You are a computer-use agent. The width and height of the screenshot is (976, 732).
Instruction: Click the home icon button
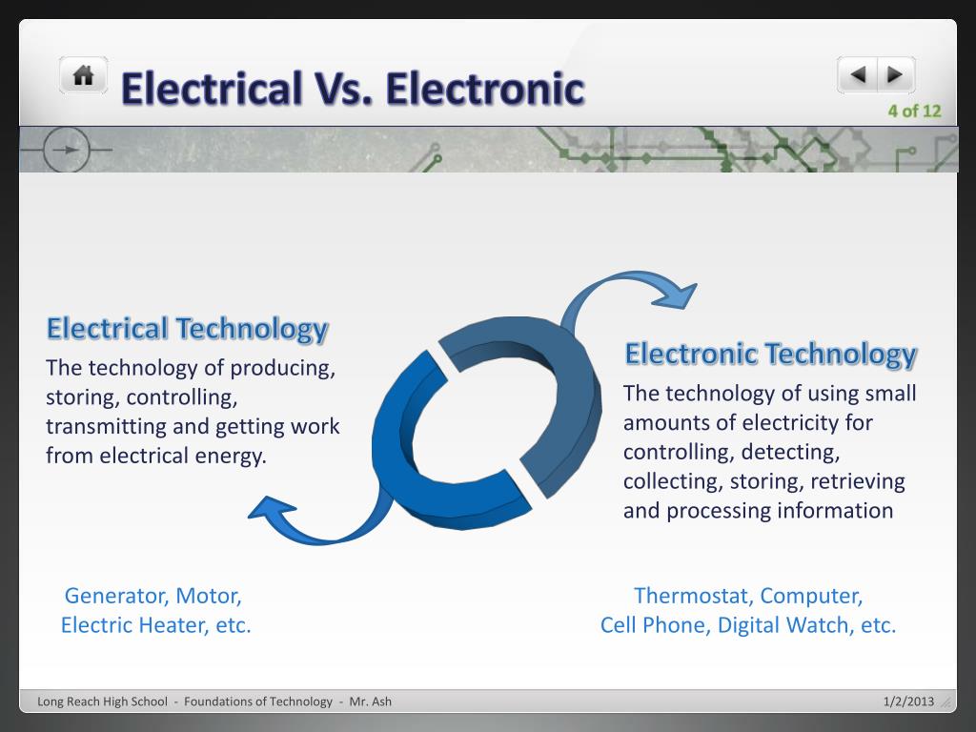point(84,75)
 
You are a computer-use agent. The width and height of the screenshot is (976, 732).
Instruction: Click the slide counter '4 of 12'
point(914,111)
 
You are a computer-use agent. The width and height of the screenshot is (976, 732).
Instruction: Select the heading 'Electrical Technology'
point(187,329)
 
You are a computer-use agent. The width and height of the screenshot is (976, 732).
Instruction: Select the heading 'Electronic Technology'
point(770,354)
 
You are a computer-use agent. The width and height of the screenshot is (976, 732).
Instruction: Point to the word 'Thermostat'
point(693,596)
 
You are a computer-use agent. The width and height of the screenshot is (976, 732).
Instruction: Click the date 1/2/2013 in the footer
point(907,701)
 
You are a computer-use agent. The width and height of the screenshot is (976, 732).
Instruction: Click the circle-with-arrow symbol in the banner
point(66,151)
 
